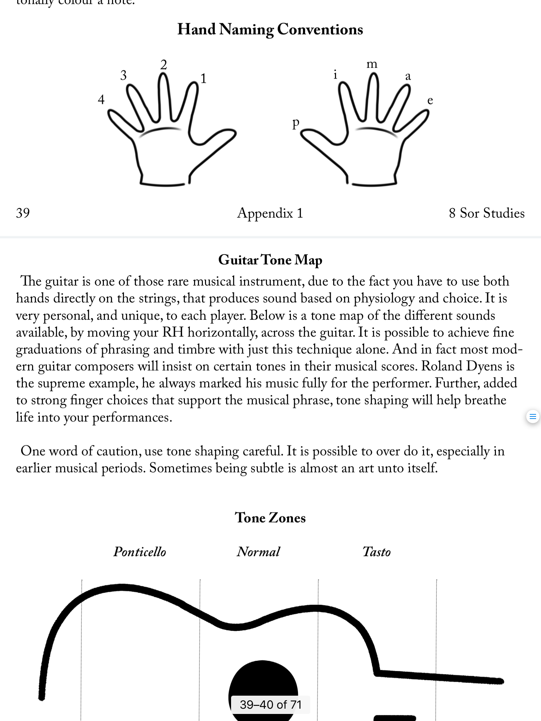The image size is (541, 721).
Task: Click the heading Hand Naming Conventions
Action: point(270,30)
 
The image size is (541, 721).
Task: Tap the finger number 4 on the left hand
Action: point(101,100)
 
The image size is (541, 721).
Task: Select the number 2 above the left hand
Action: point(163,65)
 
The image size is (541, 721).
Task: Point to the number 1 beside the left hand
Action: point(203,79)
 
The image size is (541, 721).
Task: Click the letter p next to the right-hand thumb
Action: point(296,123)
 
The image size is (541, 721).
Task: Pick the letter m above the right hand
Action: point(372,64)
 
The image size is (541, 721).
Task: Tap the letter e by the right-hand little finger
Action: point(430,101)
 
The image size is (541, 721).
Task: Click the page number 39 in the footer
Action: point(23,213)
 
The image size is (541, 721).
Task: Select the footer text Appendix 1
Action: point(270,213)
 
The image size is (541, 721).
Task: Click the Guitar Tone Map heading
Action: point(270,260)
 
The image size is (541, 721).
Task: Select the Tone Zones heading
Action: point(270,518)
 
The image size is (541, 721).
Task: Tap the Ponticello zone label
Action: point(140,552)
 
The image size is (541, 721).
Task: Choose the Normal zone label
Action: point(259,552)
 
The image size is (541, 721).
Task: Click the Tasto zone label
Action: point(377,552)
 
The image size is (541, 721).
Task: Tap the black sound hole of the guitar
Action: point(263,679)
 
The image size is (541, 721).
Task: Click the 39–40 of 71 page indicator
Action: point(270,704)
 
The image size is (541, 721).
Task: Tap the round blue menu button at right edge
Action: point(533,417)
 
